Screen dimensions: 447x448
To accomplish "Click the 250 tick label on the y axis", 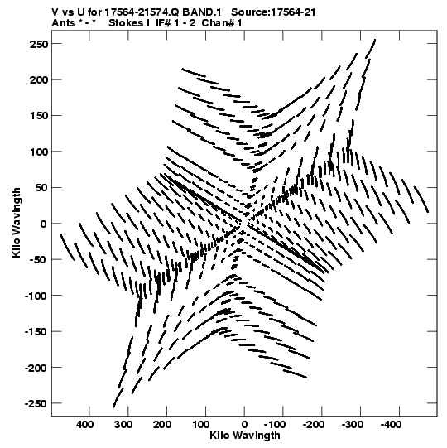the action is tap(39, 44).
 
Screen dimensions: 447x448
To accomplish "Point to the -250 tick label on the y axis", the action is tap(36, 404).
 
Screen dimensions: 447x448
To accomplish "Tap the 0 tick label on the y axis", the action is tap(43, 224).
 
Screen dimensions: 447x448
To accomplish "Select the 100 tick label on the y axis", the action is tap(39, 152).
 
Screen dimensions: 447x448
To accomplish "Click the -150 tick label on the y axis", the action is tap(36, 332).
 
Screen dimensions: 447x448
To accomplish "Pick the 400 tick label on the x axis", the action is tap(84, 425).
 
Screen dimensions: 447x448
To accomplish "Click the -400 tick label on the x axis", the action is tap(391, 425).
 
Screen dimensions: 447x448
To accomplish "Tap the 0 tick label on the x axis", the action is tap(244, 425).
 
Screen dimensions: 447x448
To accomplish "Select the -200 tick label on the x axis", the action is tap(314, 425).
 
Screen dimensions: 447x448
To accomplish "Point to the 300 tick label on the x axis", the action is tap(123, 425).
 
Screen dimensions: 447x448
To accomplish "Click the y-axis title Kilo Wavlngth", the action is tap(17, 223).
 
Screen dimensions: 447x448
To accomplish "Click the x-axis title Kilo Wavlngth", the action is tap(245, 436).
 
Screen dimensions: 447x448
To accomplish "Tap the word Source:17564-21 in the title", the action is tap(273, 12).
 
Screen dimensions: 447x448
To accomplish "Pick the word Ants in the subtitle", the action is tap(64, 23).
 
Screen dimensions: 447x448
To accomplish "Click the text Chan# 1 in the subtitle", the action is tap(222, 23).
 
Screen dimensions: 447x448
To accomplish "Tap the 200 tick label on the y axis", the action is tap(39, 80).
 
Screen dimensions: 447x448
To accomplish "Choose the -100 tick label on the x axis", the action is tap(275, 425).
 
